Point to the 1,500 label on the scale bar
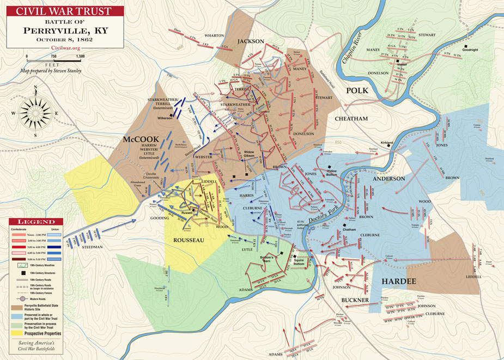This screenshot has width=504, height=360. pyautogui.click(x=80, y=56)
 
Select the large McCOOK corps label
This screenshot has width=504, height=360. pyautogui.click(x=141, y=139)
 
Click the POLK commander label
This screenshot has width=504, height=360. pyautogui.click(x=357, y=90)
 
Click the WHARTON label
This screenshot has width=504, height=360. pyautogui.click(x=214, y=35)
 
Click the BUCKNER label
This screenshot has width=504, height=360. pyautogui.click(x=355, y=300)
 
